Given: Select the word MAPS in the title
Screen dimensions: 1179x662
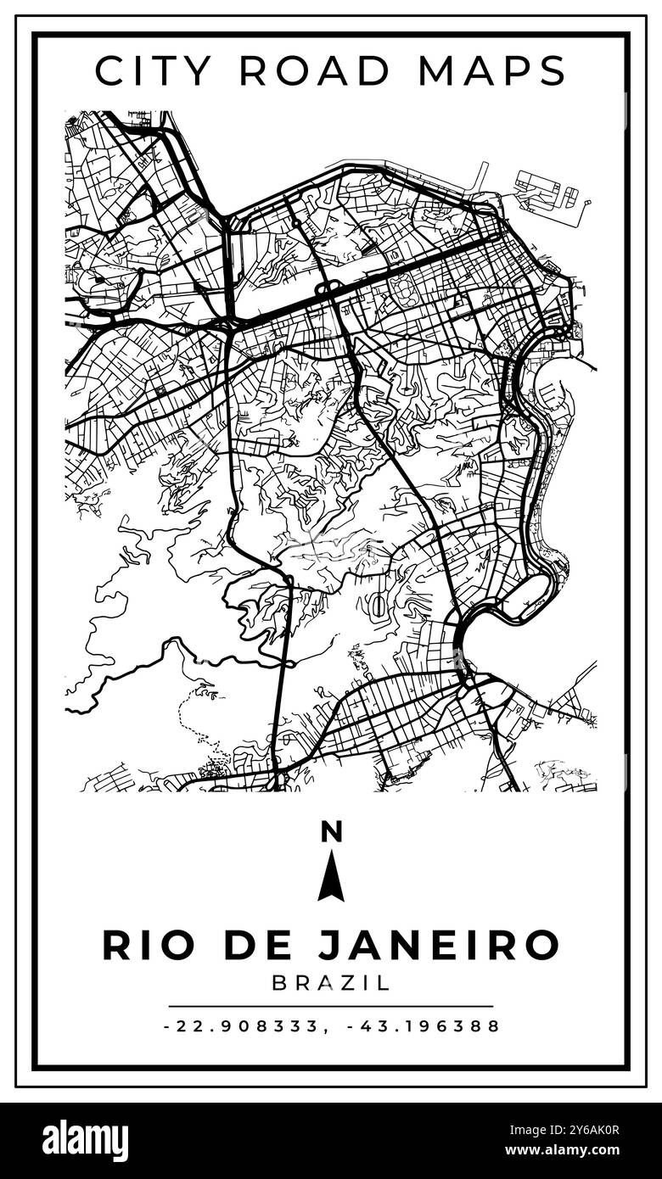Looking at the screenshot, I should pos(491,70).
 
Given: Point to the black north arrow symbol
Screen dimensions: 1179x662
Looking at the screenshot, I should pos(331,877).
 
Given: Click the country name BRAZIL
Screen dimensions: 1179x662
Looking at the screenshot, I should pos(331,984).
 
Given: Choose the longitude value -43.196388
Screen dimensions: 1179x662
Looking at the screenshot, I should pos(424,1026).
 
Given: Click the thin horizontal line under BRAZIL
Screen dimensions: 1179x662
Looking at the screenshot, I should pos(331,1006).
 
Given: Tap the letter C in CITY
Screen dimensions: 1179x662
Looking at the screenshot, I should pos(109,70).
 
